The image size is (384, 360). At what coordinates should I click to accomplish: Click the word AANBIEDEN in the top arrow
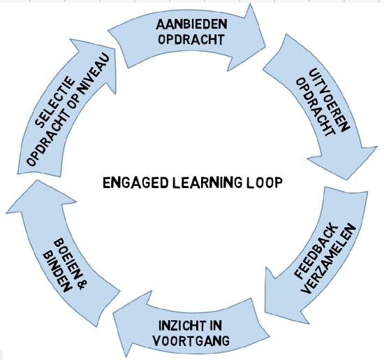click(191, 24)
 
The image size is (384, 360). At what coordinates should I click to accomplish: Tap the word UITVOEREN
click(330, 100)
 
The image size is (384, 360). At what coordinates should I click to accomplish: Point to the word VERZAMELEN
click(328, 259)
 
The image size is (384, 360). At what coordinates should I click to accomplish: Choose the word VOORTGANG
click(191, 341)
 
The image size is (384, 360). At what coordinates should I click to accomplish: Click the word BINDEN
click(57, 273)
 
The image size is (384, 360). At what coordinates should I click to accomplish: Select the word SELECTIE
click(55, 102)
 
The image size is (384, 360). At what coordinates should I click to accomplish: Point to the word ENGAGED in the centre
click(135, 182)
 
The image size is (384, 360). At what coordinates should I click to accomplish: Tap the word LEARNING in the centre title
click(207, 182)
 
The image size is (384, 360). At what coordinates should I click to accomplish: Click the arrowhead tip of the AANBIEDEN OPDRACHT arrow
click(265, 47)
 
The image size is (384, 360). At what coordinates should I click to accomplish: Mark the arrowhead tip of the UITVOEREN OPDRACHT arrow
click(346, 180)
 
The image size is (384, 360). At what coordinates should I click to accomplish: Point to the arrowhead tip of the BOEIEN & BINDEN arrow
click(37, 180)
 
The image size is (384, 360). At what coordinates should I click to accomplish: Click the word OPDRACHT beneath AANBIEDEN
click(191, 39)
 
